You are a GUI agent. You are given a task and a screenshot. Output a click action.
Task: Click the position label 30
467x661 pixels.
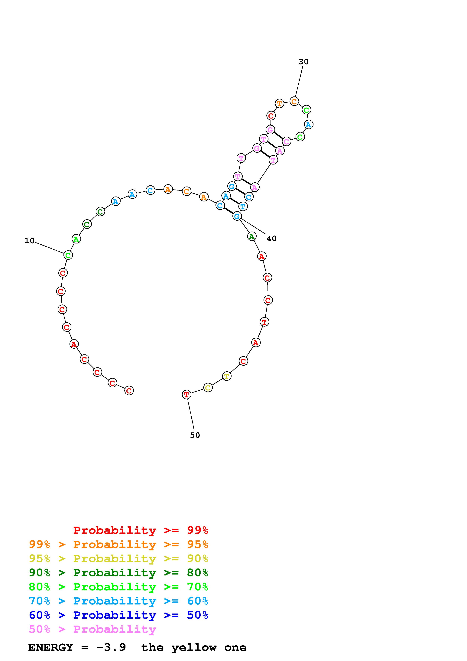(303, 62)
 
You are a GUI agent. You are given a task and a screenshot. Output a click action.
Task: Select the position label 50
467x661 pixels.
(195, 435)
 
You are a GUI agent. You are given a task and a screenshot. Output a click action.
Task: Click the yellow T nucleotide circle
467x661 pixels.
(227, 376)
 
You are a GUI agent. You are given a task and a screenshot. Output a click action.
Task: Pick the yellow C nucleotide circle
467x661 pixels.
(208, 388)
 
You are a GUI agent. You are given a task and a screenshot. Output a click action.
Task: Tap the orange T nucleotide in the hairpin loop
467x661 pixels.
(279, 103)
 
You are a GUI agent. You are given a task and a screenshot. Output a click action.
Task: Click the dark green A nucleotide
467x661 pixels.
(252, 236)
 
